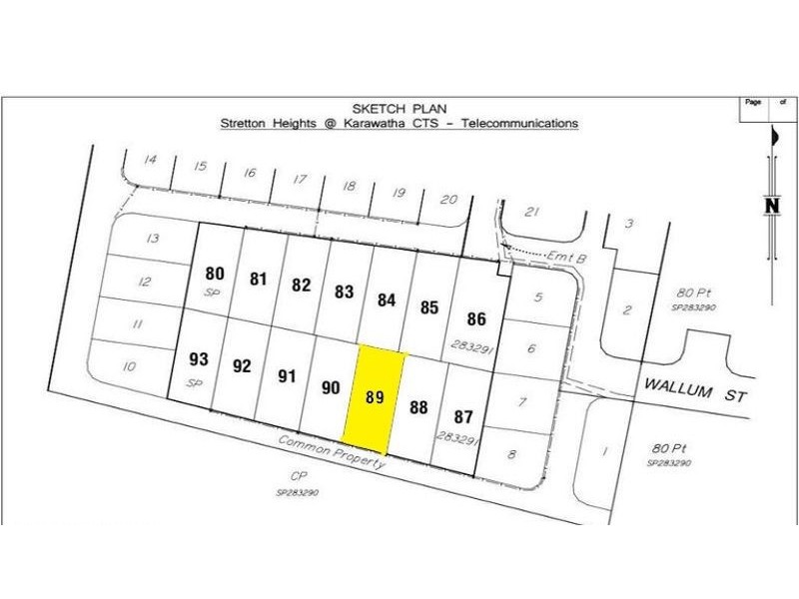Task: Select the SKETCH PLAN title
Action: (399, 108)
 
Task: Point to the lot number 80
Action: (214, 273)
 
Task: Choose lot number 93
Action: (198, 358)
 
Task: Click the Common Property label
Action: (331, 452)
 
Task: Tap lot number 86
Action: (476, 319)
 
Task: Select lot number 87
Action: (462, 415)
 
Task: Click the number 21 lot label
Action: (532, 212)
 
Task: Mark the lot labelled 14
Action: (151, 160)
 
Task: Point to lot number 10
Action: (128, 366)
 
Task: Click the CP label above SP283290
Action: (296, 477)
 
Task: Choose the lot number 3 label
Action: (628, 223)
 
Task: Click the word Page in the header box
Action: (753, 102)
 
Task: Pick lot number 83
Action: (344, 292)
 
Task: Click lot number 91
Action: (288, 375)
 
